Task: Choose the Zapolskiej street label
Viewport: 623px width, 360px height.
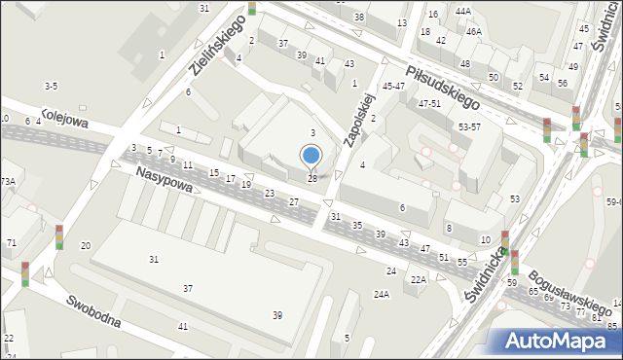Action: (x=359, y=119)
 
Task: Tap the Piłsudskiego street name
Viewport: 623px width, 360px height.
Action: (x=444, y=88)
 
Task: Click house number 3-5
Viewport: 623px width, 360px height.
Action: (x=51, y=86)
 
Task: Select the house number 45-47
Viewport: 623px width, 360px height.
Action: (x=393, y=87)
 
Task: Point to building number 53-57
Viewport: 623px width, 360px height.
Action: (x=469, y=126)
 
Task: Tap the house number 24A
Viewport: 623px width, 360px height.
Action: (x=382, y=293)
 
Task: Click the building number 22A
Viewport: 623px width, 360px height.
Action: (x=418, y=279)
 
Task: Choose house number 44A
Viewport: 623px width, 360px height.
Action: (x=462, y=12)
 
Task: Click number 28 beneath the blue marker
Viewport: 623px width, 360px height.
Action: (x=311, y=178)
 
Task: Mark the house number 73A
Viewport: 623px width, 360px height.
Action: (x=7, y=181)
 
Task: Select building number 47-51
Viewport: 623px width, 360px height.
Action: (x=429, y=103)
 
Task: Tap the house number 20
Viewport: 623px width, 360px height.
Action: (x=86, y=245)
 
